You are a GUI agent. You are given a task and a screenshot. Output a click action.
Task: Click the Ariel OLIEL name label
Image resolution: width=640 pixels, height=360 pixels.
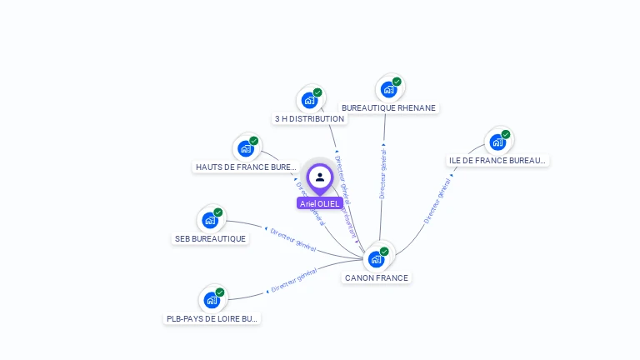click(320, 203)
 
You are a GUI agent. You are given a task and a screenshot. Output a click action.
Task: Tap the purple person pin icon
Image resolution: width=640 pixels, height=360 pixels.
click(320, 177)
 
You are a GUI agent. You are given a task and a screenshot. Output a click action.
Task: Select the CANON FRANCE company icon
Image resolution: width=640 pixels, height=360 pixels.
click(377, 258)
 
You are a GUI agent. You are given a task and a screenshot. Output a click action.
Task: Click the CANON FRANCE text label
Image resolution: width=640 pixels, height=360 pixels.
click(377, 277)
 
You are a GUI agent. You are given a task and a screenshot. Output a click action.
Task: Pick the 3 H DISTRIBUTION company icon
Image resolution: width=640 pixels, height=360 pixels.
click(311, 100)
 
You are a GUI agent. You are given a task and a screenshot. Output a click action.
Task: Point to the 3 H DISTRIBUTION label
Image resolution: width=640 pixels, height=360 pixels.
click(309, 119)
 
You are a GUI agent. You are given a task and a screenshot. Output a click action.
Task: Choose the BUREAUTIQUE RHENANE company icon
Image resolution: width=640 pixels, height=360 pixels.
click(389, 89)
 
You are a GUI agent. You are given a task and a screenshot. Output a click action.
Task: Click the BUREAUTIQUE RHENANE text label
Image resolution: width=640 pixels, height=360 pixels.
click(389, 108)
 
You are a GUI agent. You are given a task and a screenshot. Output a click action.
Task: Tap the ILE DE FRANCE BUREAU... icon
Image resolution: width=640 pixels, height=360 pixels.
click(498, 142)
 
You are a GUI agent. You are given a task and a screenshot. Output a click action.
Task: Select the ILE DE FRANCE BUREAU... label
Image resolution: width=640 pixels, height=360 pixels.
click(498, 161)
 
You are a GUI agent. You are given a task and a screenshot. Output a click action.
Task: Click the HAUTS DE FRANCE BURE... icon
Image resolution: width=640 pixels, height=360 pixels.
click(247, 148)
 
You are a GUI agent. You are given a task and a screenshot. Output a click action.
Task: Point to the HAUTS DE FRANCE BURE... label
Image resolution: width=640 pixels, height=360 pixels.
click(246, 167)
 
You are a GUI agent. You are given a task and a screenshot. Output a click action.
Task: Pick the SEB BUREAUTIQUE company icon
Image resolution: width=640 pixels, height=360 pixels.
click(211, 220)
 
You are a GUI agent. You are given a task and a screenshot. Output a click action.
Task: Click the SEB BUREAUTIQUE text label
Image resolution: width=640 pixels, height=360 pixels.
click(211, 239)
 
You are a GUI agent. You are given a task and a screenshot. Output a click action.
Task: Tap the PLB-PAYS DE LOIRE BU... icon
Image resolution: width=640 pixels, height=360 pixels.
click(212, 300)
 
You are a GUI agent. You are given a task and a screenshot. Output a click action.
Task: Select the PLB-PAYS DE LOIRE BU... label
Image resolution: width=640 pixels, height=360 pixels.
click(212, 318)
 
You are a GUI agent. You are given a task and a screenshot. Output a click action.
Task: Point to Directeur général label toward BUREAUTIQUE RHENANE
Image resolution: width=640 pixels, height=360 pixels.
click(382, 172)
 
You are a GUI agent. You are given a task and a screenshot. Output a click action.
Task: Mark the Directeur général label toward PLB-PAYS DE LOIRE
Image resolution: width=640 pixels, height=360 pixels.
click(293, 282)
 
